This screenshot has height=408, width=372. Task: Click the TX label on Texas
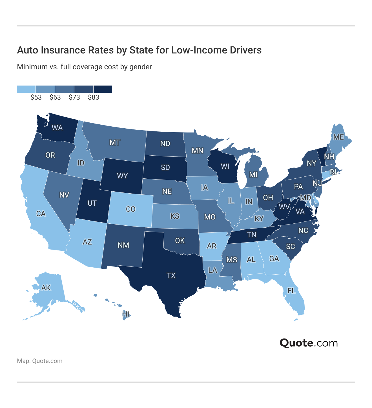click(x=171, y=275)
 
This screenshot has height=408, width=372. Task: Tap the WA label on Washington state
click(x=57, y=128)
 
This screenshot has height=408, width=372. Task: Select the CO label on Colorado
click(x=131, y=209)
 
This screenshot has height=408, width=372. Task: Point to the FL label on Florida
click(x=292, y=291)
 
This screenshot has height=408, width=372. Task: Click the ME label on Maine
click(x=338, y=137)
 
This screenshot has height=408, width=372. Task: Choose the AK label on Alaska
click(x=46, y=288)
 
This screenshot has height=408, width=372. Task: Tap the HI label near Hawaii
click(x=126, y=314)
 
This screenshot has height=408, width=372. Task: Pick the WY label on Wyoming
click(x=122, y=176)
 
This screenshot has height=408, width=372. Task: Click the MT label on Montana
click(x=115, y=142)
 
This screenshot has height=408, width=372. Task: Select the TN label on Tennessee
click(x=252, y=234)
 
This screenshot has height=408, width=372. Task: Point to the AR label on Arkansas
click(x=211, y=246)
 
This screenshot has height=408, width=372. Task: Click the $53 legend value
click(x=36, y=97)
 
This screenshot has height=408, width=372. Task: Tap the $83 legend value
click(x=94, y=97)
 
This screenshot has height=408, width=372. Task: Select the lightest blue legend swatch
click(x=26, y=89)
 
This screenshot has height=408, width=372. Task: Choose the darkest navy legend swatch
click(x=103, y=89)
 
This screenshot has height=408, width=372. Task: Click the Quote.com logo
click(x=309, y=343)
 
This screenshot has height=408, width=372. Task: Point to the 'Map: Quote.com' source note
click(x=40, y=361)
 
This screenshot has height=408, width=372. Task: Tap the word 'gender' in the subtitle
click(x=141, y=67)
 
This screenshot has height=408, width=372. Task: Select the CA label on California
click(x=41, y=214)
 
